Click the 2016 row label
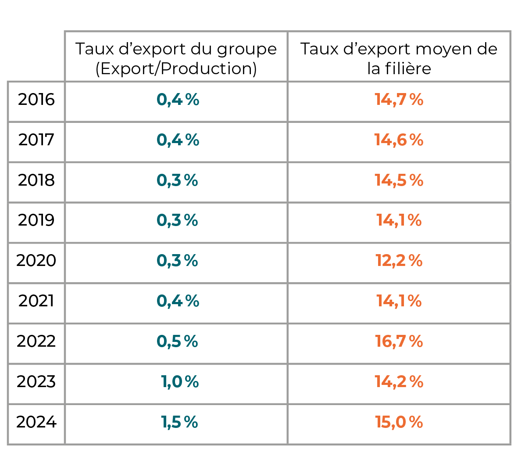[36, 100]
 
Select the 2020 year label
[36, 261]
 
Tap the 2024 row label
[36, 422]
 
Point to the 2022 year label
[36, 341]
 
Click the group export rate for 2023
[180, 381]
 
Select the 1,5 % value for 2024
[179, 422]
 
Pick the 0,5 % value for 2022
[177, 341]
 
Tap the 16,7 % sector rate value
[399, 341]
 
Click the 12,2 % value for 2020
[399, 261]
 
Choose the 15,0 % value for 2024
[399, 422]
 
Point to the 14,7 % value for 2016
[399, 100]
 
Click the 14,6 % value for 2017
[399, 140]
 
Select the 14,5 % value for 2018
[399, 180]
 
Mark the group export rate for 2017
[178, 140]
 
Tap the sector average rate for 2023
[399, 381]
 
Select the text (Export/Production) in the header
[176, 69]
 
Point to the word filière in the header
[408, 68]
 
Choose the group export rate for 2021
[178, 301]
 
